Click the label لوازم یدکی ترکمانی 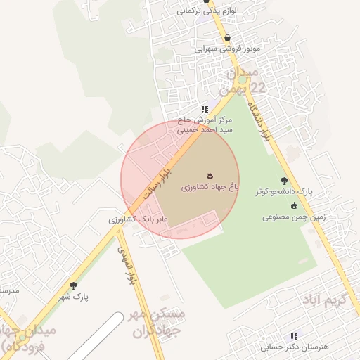[x=203, y=11]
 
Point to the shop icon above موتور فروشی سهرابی [x=227, y=39]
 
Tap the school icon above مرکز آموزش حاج [x=204, y=109]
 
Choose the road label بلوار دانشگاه [x=257, y=120]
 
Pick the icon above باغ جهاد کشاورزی [x=210, y=175]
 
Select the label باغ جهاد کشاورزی [x=210, y=188]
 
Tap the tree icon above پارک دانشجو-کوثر [x=284, y=181]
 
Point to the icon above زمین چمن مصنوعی [x=294, y=205]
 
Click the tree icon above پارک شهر [x=73, y=285]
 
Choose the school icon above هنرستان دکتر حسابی [x=294, y=336]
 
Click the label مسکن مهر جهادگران [x=157, y=323]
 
